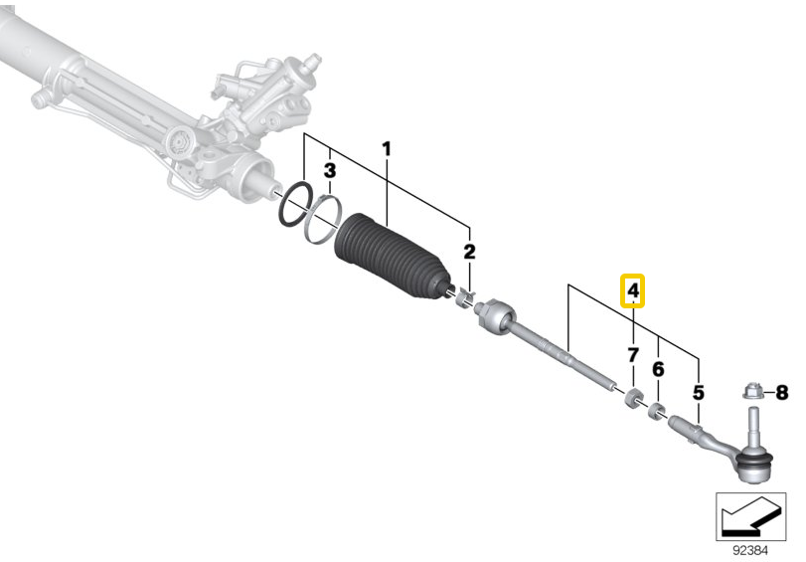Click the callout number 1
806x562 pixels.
(386, 149)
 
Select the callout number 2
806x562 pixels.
(469, 252)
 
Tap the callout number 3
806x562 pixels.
(330, 170)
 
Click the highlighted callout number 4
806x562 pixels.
(633, 290)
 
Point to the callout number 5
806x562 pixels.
(698, 393)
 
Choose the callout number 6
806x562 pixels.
(658, 369)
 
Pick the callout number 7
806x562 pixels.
(633, 354)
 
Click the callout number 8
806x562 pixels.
(781, 393)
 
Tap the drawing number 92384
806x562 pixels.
(751, 551)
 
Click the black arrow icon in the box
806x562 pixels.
(750, 517)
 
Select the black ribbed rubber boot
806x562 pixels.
(393, 257)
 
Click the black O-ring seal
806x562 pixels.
(295, 204)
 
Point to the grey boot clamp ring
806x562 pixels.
(322, 220)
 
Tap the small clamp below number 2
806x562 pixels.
(465, 298)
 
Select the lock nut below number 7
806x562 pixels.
(633, 398)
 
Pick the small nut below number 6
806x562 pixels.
(655, 411)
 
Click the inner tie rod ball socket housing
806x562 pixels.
(496, 314)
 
